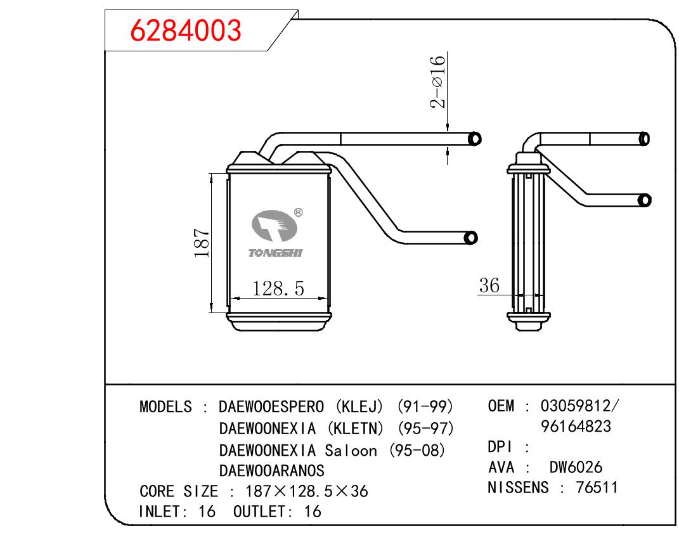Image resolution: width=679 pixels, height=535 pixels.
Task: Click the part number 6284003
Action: click(x=185, y=30)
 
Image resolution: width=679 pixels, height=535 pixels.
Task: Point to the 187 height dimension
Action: click(x=202, y=243)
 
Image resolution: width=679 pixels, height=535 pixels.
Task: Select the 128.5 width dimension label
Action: click(x=278, y=288)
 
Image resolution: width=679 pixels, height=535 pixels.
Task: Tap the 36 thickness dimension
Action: click(x=489, y=285)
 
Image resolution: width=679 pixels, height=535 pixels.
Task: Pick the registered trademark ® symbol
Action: click(x=299, y=213)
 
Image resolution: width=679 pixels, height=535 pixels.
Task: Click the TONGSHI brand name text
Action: click(x=276, y=253)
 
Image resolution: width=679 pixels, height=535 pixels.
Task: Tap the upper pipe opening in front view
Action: click(x=474, y=138)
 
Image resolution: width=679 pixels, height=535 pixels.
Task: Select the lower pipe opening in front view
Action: click(x=470, y=238)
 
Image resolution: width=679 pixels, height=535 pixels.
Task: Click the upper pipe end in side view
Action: click(x=644, y=138)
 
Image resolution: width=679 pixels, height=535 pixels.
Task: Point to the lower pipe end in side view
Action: click(x=644, y=200)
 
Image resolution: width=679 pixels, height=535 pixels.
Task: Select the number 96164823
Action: click(x=576, y=427)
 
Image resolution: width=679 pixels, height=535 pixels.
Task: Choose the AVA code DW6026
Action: click(x=576, y=468)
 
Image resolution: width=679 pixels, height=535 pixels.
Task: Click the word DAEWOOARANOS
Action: click(x=271, y=471)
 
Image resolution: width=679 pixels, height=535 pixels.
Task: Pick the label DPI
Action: click(x=501, y=447)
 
